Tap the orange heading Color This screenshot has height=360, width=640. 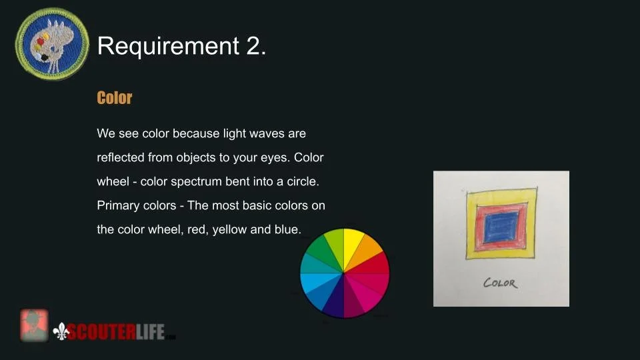click(x=115, y=98)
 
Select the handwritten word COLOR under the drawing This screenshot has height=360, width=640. click(x=500, y=283)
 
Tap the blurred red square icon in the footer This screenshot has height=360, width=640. click(x=34, y=325)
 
